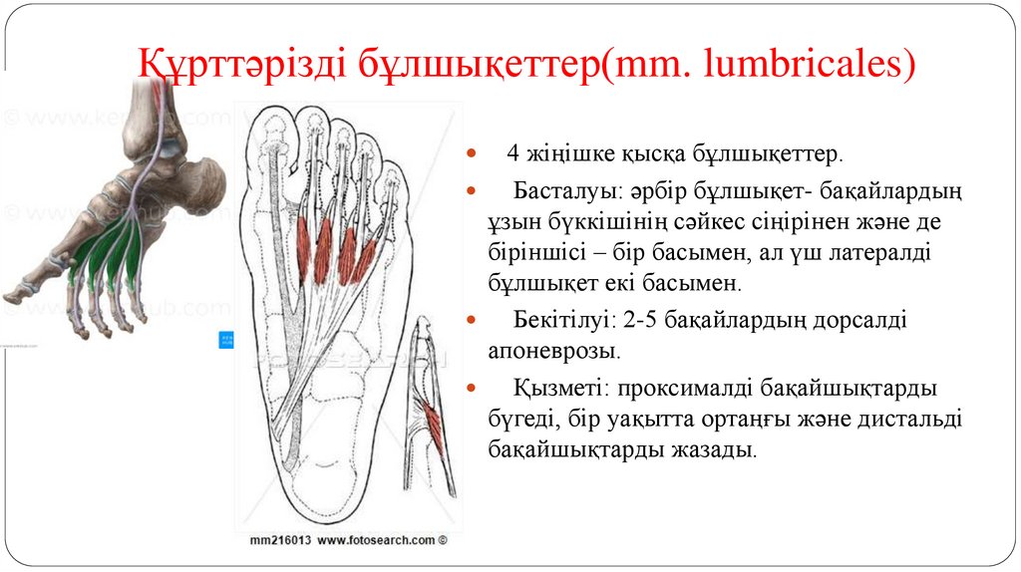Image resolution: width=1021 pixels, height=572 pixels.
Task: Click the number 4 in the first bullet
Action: (x=512, y=155)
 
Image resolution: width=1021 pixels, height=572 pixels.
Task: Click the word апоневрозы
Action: (x=553, y=352)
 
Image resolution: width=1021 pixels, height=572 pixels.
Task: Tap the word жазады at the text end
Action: (x=720, y=449)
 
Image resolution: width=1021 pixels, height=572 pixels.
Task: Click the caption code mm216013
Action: (x=281, y=540)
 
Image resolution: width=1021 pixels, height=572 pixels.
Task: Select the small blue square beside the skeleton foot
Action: (x=224, y=340)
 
